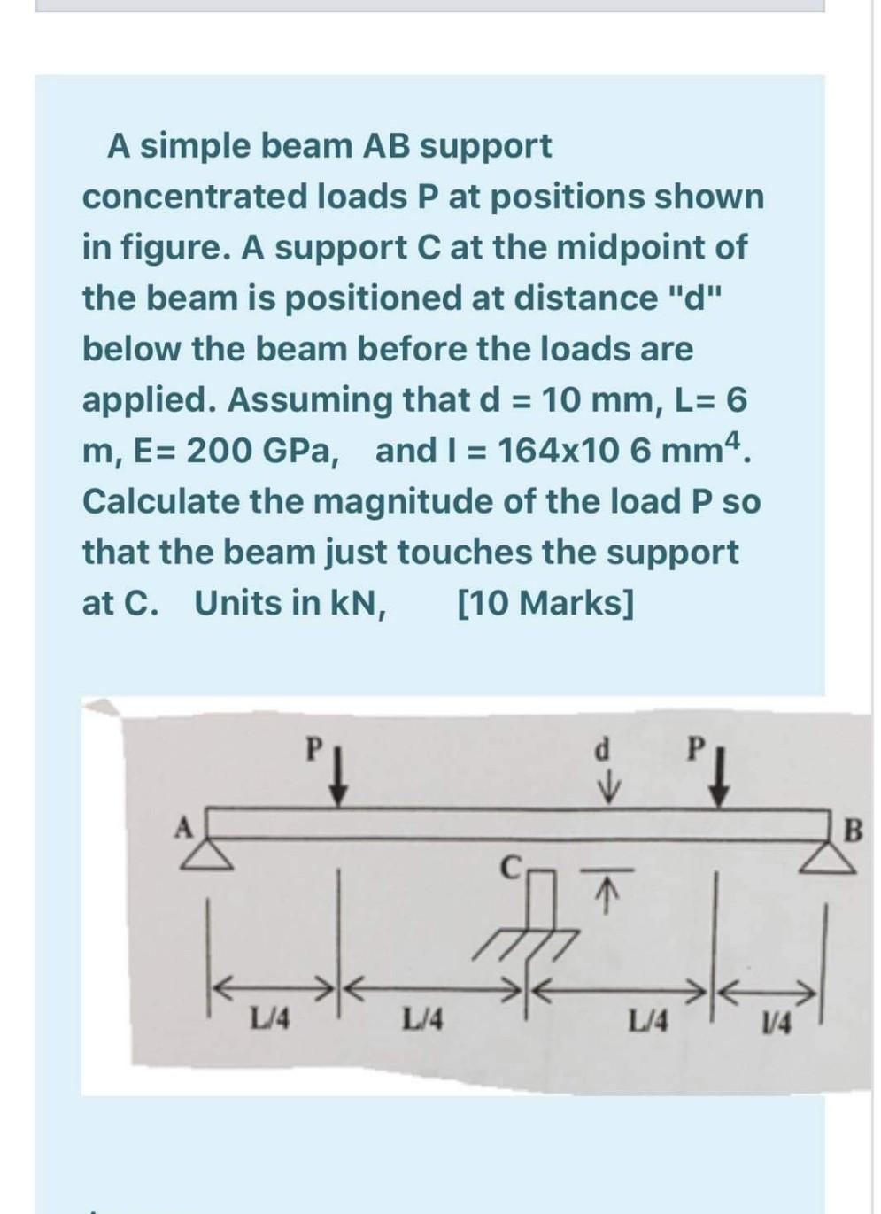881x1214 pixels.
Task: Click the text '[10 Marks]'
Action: pyautogui.click(x=545, y=602)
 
